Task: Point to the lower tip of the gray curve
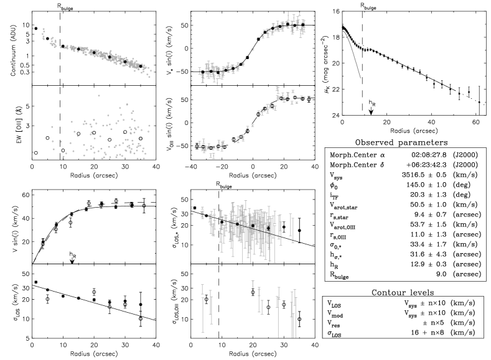click(360, 78)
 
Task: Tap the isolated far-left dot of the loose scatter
click(33, 152)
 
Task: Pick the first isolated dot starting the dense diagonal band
click(34, 28)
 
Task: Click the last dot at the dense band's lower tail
click(149, 76)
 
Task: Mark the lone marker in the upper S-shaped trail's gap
click(252, 49)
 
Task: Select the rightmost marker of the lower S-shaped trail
click(303, 98)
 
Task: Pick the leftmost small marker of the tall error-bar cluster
click(192, 208)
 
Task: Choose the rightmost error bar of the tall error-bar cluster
click(292, 229)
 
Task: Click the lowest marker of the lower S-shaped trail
click(212, 156)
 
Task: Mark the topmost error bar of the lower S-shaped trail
click(278, 89)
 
